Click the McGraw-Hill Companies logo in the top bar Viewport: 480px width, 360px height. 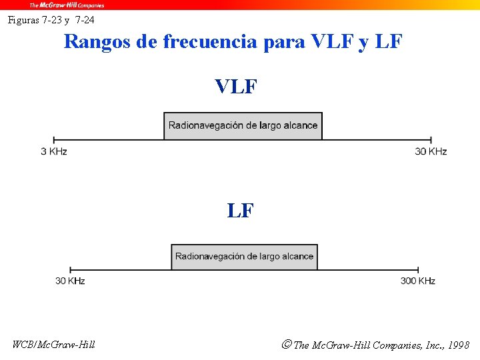point(66,5)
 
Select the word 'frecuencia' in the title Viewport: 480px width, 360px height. point(210,41)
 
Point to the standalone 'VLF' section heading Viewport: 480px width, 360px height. point(236,87)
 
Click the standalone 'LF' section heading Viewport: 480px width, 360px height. point(240,211)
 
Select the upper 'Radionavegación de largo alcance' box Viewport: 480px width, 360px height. point(243,126)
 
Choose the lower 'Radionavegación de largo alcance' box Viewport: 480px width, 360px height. point(244,257)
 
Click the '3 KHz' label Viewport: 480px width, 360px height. point(54,152)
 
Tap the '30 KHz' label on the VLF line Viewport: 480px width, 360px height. point(431,152)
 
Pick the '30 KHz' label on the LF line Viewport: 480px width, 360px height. point(70,281)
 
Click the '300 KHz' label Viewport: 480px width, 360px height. point(418,281)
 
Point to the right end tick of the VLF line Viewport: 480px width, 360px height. point(431,139)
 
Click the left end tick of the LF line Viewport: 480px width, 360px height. point(71,269)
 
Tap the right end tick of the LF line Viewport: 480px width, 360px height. point(418,269)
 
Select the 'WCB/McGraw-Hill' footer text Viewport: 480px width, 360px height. point(53,345)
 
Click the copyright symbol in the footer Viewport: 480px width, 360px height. point(286,345)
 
